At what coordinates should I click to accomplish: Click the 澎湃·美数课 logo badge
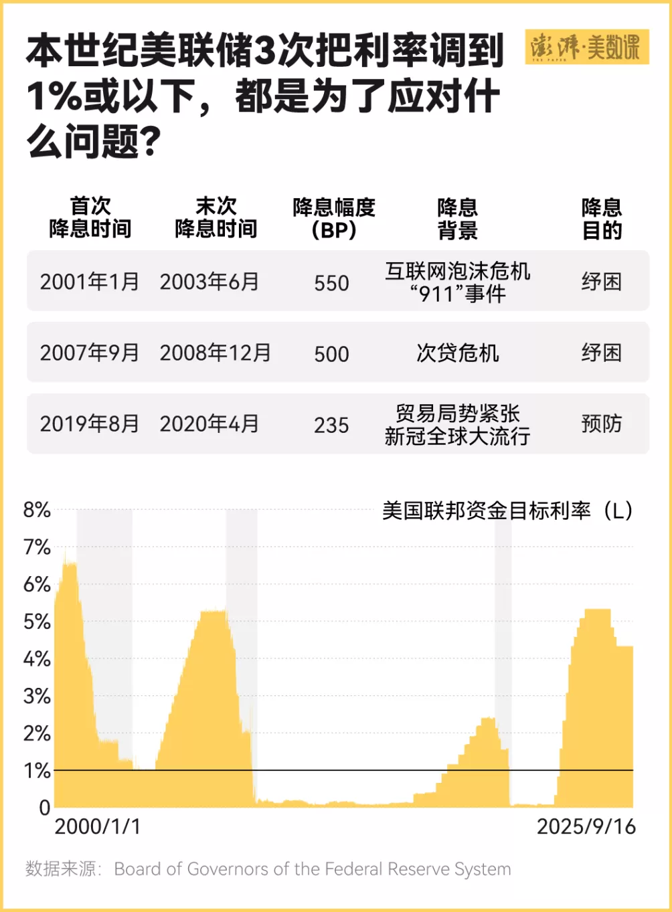coord(586,48)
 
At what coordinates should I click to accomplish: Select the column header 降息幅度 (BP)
coord(333,218)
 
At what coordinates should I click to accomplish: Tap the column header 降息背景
coord(457,218)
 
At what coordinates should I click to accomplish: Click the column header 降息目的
coord(601,218)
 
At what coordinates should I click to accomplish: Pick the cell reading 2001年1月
coord(89,282)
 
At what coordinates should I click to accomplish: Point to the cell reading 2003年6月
coord(209,282)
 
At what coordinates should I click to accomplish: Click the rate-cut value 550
coord(331,283)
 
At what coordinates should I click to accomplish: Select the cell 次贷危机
coord(457,353)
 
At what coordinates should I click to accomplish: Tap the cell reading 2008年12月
coord(215,353)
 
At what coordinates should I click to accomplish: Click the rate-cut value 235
coord(331,425)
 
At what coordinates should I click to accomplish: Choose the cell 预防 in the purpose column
coord(601,424)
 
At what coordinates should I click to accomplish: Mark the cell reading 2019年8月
coord(89,424)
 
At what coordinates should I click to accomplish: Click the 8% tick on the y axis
coord(37,510)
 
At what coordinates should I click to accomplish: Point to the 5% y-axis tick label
coord(37,622)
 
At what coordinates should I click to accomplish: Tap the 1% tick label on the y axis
coord(37,771)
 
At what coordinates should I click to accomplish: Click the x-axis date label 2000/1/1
coord(98,826)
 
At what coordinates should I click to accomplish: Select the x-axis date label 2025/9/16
coord(586,826)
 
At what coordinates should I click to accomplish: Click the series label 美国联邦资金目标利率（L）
coord(507,511)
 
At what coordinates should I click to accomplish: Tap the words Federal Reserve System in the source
coord(416,869)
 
